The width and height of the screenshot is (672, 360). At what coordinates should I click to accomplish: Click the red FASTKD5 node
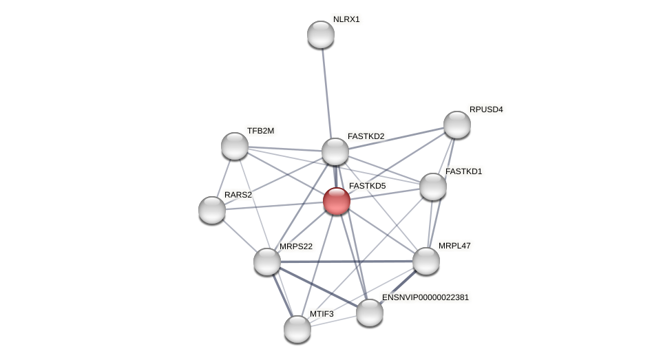[x=337, y=201]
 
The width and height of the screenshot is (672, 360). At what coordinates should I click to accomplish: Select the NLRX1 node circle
[x=321, y=34]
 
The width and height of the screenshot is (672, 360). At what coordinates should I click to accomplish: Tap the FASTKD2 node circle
[x=335, y=151]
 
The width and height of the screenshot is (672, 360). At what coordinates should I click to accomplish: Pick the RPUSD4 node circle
[x=457, y=125]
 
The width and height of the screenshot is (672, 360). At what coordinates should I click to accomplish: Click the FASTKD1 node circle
[x=433, y=187]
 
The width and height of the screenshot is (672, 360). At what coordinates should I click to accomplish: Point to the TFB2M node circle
[x=235, y=146]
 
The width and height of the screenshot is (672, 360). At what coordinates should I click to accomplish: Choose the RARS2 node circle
[x=212, y=210]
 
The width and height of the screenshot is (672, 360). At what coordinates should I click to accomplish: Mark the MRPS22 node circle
[x=267, y=262]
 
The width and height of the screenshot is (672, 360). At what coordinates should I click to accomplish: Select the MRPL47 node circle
[x=426, y=261]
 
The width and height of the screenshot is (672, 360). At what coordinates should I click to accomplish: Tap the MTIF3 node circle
[x=297, y=329]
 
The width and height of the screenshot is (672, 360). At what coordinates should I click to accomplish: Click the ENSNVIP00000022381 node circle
[x=370, y=313]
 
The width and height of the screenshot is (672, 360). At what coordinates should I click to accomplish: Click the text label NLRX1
[x=346, y=19]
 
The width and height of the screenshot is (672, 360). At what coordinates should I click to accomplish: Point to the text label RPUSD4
[x=486, y=109]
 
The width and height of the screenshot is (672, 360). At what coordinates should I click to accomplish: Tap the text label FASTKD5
[x=367, y=186]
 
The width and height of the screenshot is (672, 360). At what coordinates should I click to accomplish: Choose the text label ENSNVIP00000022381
[x=426, y=297]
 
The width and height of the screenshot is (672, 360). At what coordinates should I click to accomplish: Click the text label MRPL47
[x=454, y=246]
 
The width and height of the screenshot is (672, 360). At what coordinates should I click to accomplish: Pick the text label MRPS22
[x=296, y=246]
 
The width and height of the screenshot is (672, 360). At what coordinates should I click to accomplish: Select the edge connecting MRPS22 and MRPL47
[x=346, y=262]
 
